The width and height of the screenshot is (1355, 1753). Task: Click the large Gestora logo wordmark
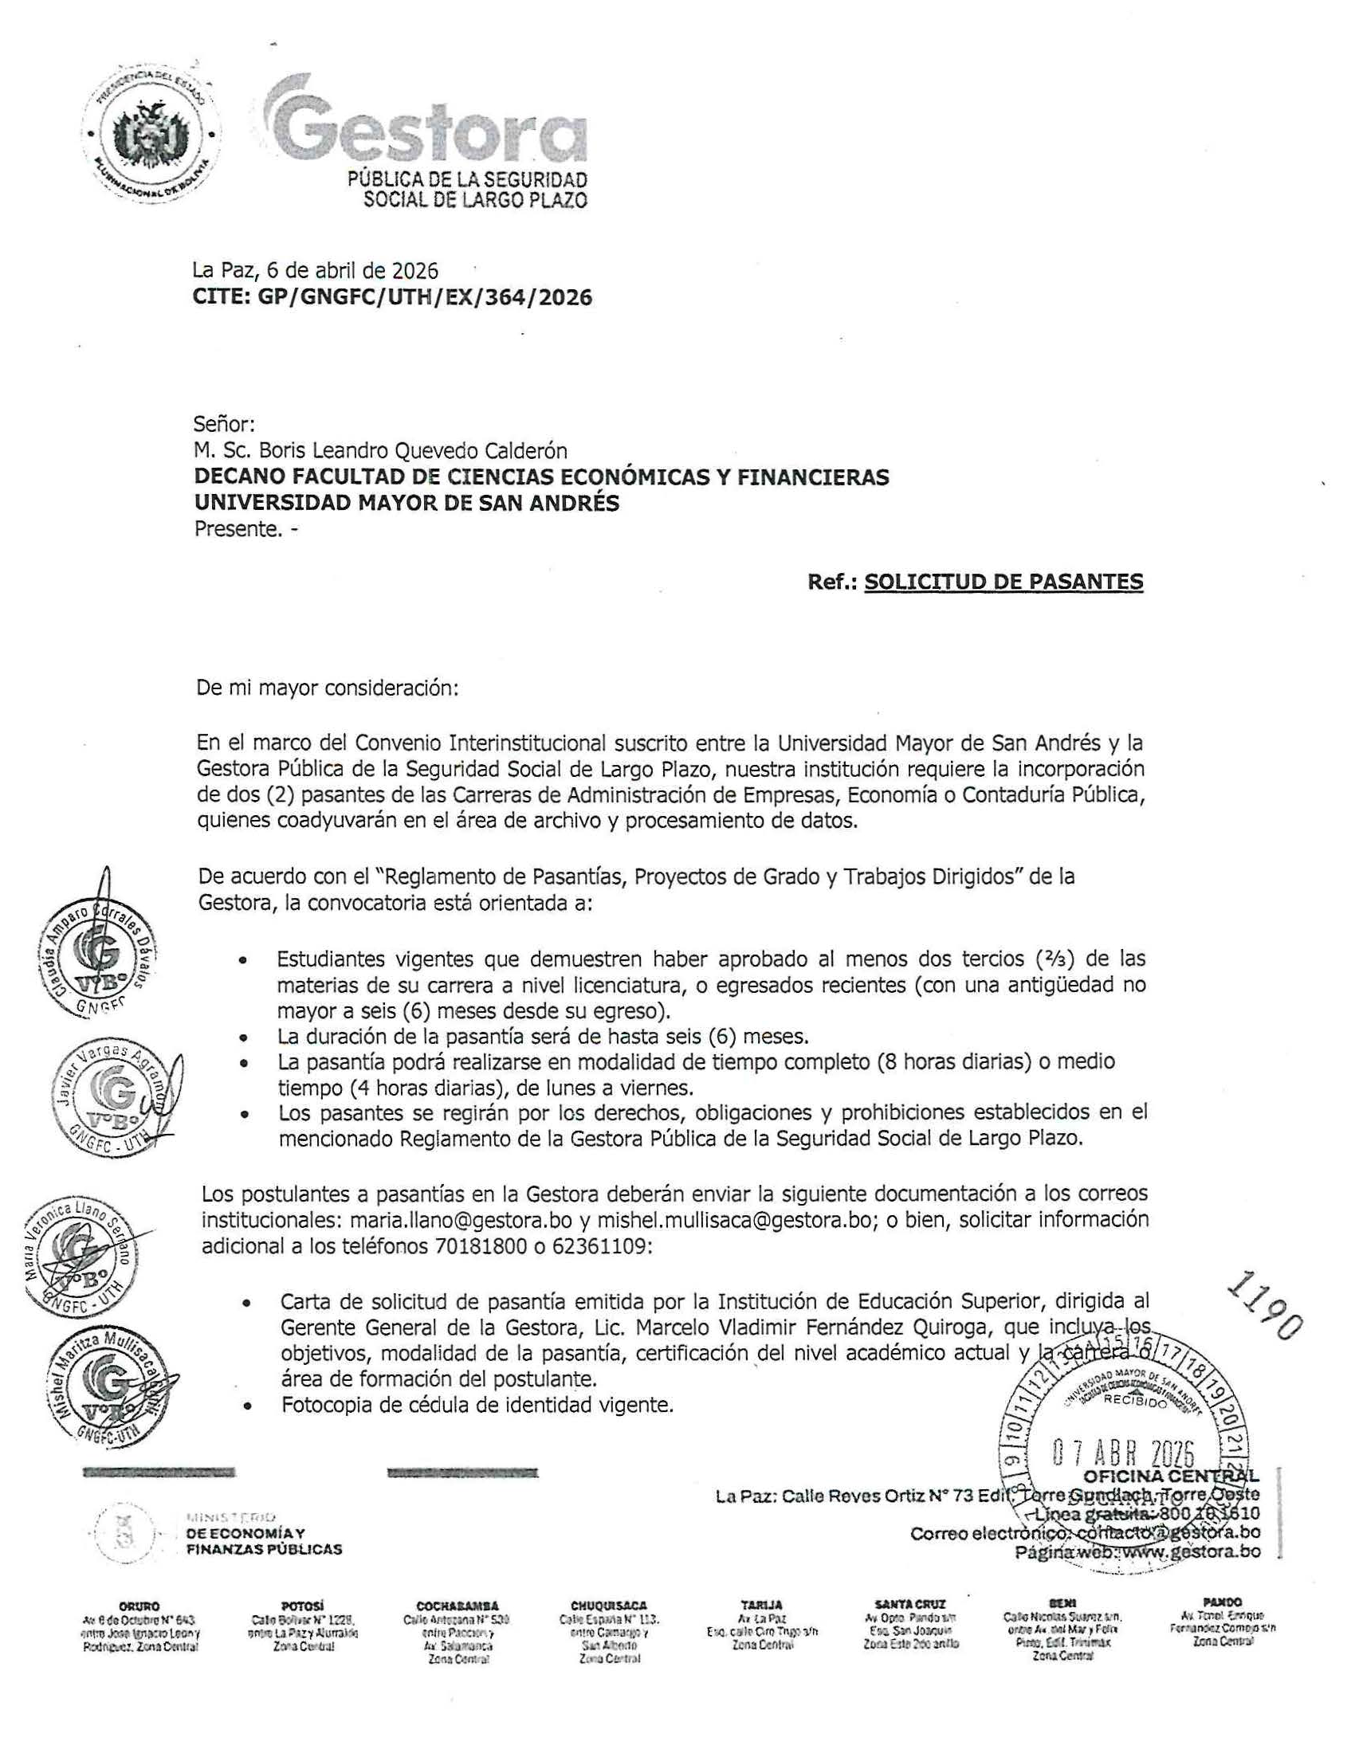[x=426, y=128]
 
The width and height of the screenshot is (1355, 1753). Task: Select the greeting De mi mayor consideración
[x=328, y=688]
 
